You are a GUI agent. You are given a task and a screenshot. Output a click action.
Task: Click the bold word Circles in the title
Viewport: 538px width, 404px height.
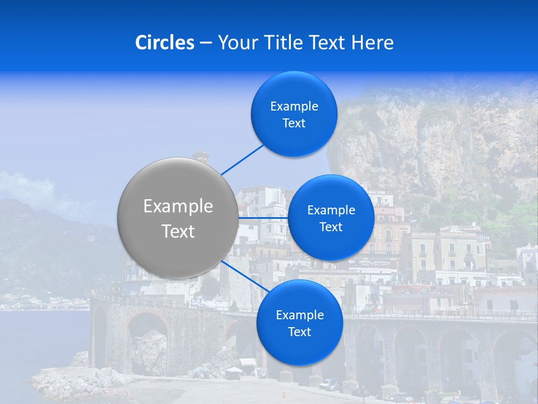point(165,43)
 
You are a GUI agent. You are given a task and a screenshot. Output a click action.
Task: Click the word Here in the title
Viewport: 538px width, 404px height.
point(373,43)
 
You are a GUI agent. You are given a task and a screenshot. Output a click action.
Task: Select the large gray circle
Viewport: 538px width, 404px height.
point(178,218)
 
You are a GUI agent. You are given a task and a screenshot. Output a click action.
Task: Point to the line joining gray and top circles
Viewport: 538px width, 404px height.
point(242,159)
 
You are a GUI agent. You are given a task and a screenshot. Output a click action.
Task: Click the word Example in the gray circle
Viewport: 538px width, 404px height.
point(178,206)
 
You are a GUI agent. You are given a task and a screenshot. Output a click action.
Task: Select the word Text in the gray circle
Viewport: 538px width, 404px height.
point(178,231)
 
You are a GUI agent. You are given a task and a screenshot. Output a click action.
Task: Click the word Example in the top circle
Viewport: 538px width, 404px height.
point(294,107)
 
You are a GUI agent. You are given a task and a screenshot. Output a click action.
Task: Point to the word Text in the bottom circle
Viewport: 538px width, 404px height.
point(299,332)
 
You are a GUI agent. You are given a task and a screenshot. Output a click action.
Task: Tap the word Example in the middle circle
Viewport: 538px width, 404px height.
point(331,210)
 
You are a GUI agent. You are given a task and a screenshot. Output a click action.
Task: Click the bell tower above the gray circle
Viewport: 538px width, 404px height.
point(200,157)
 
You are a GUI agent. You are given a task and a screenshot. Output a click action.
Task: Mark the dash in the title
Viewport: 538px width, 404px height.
point(206,43)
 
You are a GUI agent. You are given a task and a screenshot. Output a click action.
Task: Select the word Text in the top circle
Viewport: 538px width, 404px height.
point(294,123)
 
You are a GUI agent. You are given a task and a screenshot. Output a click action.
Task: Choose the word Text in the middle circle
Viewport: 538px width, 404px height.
point(331,227)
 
